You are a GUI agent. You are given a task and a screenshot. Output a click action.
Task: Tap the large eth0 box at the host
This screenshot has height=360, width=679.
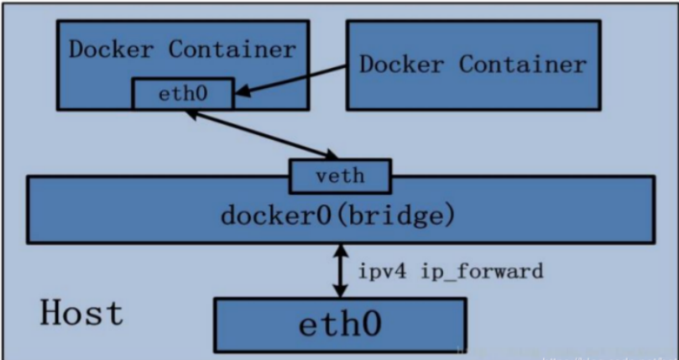[340, 324]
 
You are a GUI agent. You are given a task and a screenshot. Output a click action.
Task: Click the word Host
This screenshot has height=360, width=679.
[81, 313]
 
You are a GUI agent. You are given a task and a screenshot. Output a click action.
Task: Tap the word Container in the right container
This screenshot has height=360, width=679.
[523, 65]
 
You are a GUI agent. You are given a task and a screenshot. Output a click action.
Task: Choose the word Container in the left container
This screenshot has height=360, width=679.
[232, 49]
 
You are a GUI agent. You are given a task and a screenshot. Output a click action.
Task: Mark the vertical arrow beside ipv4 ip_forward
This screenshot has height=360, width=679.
[340, 270]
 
